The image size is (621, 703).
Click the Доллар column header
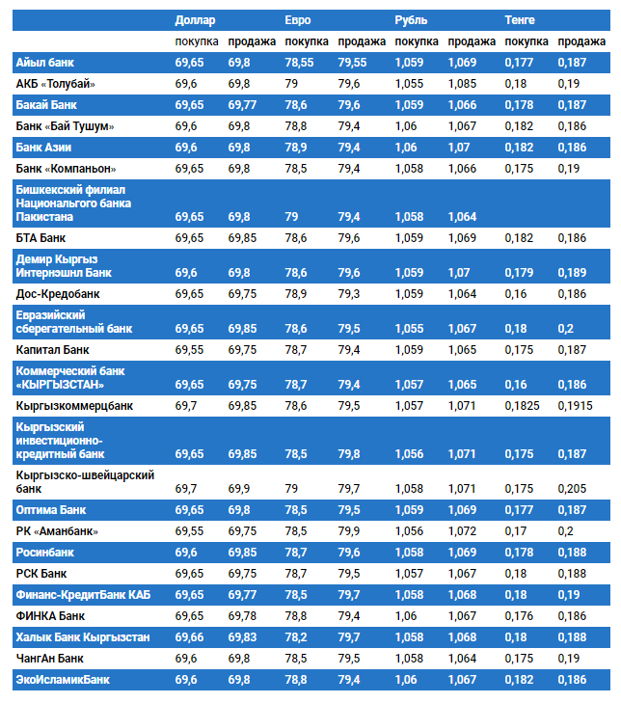coord(195,19)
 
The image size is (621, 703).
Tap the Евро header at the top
coord(298,19)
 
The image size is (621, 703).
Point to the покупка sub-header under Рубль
coord(417,41)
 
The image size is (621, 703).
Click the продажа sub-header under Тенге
coord(581,41)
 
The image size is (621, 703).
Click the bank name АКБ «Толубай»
coord(55,84)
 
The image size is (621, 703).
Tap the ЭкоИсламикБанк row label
coord(63,680)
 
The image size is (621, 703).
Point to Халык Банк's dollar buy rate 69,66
coord(190,637)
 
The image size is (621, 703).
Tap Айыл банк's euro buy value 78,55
coord(300,63)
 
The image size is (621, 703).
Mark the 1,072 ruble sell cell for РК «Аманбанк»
coord(461,531)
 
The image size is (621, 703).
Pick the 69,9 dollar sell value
coord(239,489)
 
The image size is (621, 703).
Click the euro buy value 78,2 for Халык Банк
coord(296,637)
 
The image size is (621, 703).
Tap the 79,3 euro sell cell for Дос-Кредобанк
coord(349,293)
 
